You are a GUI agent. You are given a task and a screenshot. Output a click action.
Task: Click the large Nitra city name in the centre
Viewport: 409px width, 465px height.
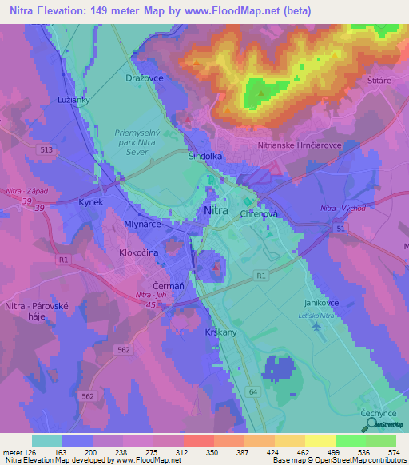221,210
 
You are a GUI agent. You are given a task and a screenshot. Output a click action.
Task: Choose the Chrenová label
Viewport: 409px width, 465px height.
257,214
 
